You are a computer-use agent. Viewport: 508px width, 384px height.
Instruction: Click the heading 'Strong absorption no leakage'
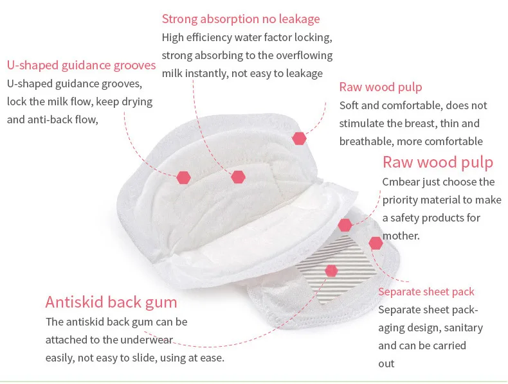tap(240, 19)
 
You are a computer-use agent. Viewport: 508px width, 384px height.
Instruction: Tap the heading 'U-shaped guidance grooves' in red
tap(81, 65)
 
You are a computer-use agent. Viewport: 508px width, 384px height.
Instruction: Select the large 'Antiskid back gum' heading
tap(111, 302)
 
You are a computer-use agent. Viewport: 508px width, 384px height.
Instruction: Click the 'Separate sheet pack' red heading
tap(426, 292)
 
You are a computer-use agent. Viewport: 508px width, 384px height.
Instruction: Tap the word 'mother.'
tap(401, 236)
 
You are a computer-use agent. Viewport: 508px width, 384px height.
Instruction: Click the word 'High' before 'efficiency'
tap(173, 37)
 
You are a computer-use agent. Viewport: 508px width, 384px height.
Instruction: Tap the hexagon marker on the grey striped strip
tap(332, 270)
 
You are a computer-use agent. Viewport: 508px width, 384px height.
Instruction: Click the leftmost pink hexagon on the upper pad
tap(184, 176)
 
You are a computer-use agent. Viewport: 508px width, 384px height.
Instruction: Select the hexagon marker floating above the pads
tap(299, 138)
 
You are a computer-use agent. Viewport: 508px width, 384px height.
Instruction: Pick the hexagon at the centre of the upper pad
tap(239, 177)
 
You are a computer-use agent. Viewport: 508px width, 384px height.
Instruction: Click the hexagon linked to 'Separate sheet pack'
tap(376, 243)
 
